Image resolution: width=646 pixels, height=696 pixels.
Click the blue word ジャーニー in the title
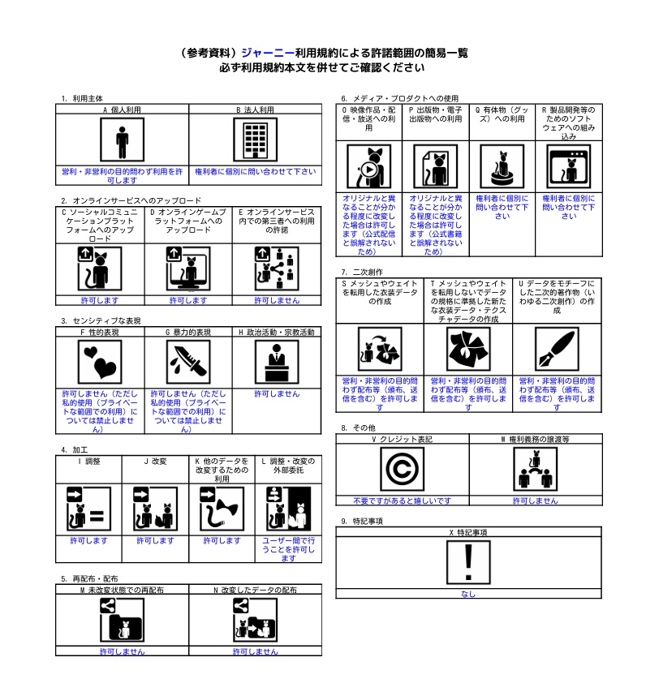click(x=268, y=53)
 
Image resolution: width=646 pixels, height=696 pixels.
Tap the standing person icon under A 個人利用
click(x=122, y=140)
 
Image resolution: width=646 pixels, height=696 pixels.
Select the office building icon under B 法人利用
click(x=256, y=140)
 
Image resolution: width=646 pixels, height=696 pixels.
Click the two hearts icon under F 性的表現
click(x=100, y=363)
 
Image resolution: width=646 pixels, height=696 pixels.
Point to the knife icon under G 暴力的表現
click(x=188, y=363)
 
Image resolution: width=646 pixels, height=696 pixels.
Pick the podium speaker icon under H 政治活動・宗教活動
click(x=277, y=363)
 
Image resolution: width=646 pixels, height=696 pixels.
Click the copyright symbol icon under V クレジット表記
click(x=403, y=469)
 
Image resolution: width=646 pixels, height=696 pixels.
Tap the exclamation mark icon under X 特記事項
click(x=468, y=562)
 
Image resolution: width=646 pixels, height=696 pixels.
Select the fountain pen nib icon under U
click(x=557, y=350)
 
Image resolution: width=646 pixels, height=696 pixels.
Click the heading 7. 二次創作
click(x=362, y=272)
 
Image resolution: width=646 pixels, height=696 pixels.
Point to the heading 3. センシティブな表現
click(x=101, y=321)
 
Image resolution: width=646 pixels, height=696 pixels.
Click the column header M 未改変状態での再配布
click(x=122, y=590)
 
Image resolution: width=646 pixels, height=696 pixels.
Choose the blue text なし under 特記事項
click(x=468, y=594)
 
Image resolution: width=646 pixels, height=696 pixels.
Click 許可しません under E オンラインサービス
click(x=277, y=300)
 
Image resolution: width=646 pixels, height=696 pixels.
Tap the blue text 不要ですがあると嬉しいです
click(x=403, y=501)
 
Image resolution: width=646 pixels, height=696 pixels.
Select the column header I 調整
click(x=88, y=462)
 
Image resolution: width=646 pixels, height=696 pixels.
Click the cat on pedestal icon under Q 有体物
click(x=502, y=167)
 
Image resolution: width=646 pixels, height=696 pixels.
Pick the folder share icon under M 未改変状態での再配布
click(x=122, y=620)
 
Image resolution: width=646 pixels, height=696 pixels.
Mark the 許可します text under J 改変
click(x=155, y=540)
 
